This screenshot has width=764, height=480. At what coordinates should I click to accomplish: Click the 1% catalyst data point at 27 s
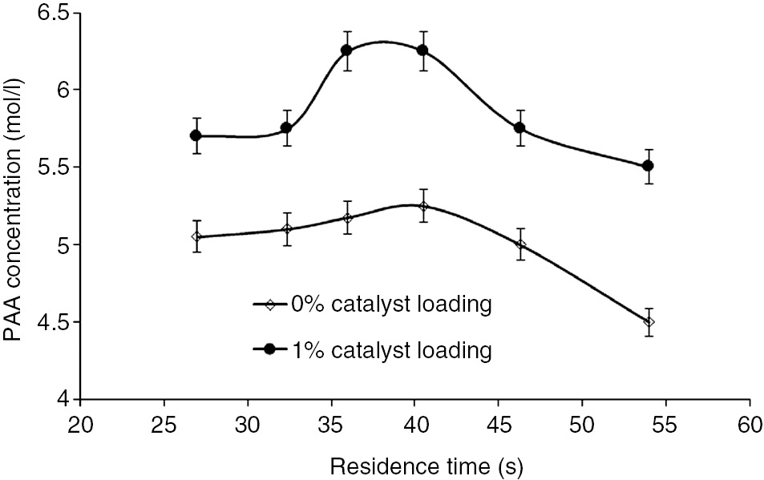(x=196, y=135)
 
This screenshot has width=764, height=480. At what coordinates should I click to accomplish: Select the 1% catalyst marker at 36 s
(x=347, y=50)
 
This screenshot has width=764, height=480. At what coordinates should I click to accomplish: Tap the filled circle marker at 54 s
(x=649, y=166)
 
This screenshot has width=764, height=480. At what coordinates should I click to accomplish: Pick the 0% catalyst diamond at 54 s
(x=649, y=322)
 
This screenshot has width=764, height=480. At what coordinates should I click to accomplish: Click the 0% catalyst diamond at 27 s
(x=196, y=236)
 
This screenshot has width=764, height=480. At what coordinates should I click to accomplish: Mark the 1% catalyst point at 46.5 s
(x=521, y=127)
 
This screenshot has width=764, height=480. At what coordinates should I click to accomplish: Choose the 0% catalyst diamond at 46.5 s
(x=521, y=244)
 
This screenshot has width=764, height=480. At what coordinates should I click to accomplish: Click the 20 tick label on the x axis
(x=80, y=422)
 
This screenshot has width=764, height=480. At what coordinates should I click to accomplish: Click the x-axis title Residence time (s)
(x=413, y=464)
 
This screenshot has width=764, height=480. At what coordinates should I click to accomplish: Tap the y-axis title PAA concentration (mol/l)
(x=14, y=208)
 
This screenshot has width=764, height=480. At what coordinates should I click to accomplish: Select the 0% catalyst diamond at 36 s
(x=347, y=218)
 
